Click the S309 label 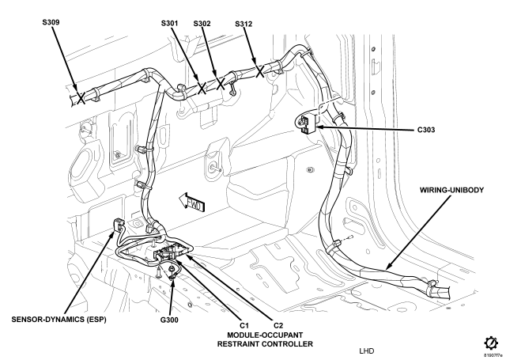51,22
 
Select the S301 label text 169,23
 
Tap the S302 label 202,24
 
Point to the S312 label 244,24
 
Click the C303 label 426,130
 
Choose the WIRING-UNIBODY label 451,190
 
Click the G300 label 169,320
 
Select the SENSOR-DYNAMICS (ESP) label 59,320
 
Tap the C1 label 244,325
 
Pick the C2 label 278,325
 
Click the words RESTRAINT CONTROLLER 265,344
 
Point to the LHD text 367,351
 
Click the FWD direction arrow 192,202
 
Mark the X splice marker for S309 81,97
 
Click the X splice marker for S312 260,71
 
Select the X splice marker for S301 202,88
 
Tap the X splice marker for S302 221,84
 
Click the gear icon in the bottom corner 490,343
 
